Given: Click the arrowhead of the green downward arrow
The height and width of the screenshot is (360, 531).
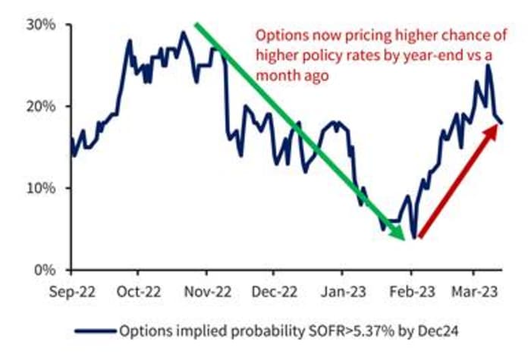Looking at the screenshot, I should (402, 236).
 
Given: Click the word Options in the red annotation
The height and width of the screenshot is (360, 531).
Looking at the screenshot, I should (277, 35).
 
